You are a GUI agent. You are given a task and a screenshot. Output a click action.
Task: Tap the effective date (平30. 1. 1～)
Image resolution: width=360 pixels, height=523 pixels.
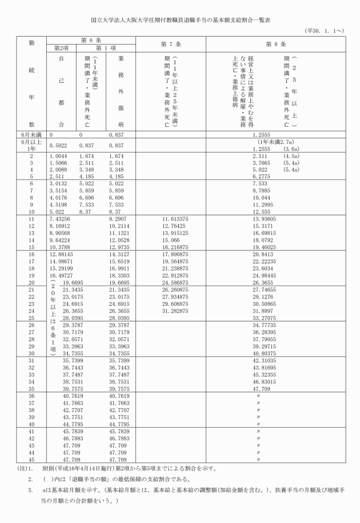pyautogui.click(x=325, y=31)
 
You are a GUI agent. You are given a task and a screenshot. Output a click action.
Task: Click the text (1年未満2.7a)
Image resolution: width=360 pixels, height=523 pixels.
pyautogui.click(x=276, y=141)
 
